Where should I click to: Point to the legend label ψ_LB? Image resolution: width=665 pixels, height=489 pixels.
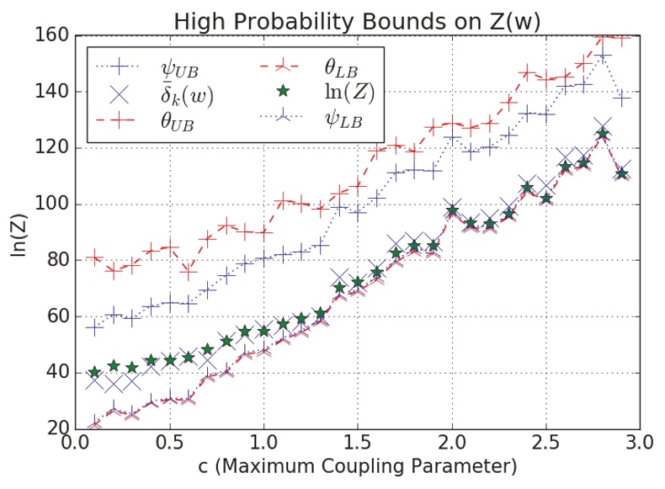click(x=343, y=123)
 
